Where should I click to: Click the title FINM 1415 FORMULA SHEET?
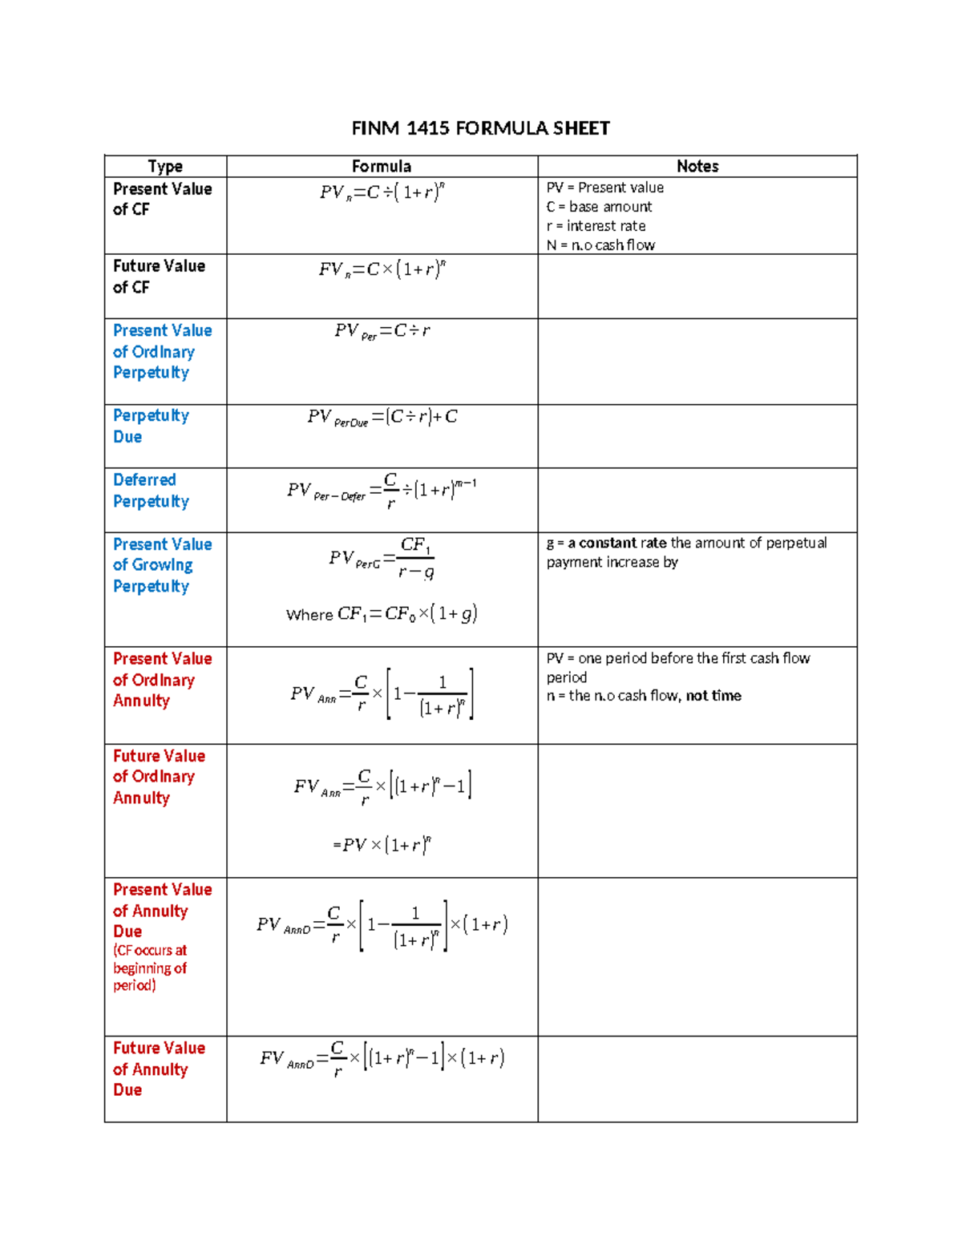pos(480,128)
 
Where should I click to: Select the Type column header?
pos(165,166)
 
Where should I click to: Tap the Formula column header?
pos(382,166)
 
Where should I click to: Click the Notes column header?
pos(697,166)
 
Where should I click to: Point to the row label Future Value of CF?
pos(159,277)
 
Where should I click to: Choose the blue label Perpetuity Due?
pos(151,426)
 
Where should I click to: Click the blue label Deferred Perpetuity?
pos(151,491)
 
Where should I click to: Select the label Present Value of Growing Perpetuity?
pos(162,565)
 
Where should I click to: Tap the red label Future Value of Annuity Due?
pos(159,1069)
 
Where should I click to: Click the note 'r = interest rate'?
pos(596,226)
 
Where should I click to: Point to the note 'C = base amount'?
pos(599,207)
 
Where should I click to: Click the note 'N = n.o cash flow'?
pos(600,245)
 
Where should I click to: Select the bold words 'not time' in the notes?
pos(713,696)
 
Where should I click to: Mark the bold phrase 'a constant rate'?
pos(617,543)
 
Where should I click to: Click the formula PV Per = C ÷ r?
pos(382,331)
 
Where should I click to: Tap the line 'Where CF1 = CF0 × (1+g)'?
pos(382,614)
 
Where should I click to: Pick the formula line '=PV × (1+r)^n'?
pos(382,845)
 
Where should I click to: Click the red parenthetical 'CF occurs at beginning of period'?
pos(150,968)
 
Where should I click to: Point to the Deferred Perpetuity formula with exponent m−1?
pos(382,491)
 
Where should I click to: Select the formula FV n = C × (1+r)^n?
pos(382,269)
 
